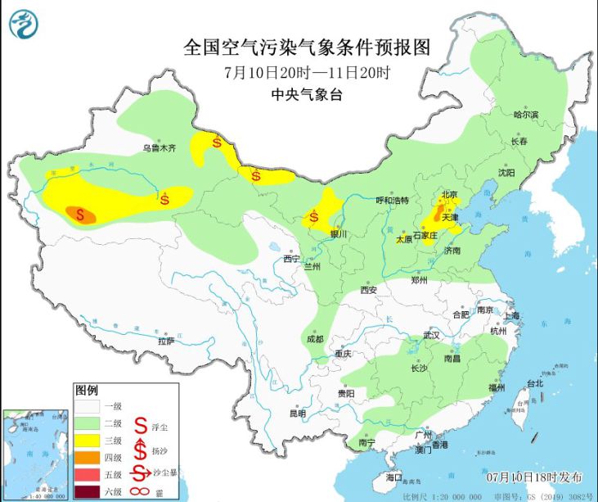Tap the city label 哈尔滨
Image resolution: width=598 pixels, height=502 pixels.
(x=526, y=115)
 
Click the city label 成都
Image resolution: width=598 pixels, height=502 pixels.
(x=314, y=339)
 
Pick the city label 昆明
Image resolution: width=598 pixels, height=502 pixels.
(x=298, y=414)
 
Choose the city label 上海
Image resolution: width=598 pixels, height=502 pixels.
(x=513, y=315)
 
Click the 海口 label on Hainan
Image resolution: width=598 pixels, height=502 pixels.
(x=394, y=477)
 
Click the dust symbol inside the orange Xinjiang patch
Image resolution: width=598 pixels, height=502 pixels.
(x=80, y=215)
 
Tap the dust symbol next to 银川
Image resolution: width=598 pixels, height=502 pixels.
(x=314, y=219)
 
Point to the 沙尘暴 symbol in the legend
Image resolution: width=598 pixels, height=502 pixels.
(x=140, y=474)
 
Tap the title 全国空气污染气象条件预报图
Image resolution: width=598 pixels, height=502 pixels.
(x=307, y=46)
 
